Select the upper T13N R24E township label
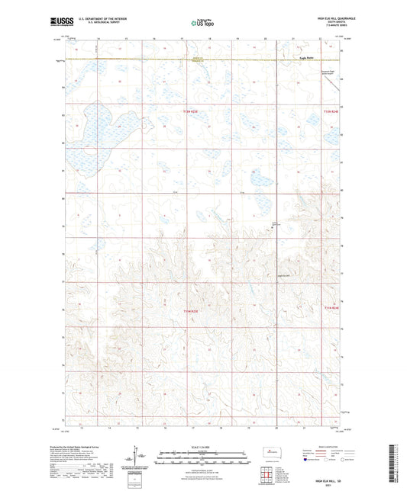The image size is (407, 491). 330,112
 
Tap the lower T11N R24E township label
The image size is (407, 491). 330,308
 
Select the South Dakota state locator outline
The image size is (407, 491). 269,453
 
